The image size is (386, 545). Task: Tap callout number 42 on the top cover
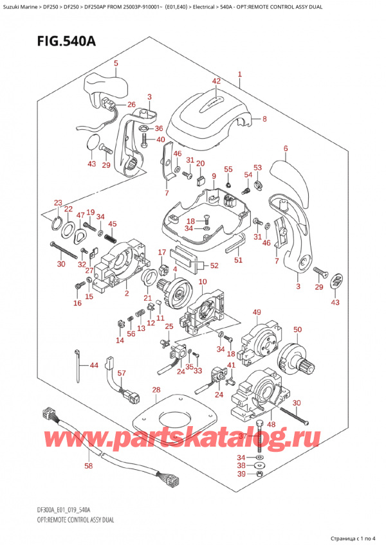pos(216,81)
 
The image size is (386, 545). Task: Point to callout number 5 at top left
pos(116,63)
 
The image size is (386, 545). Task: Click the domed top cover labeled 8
pos(206,119)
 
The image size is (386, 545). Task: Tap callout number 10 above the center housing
pos(203,282)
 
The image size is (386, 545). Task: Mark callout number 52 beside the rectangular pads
pos(214,265)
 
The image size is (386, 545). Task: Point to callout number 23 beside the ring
pos(58,202)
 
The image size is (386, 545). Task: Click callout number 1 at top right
pos(239,75)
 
